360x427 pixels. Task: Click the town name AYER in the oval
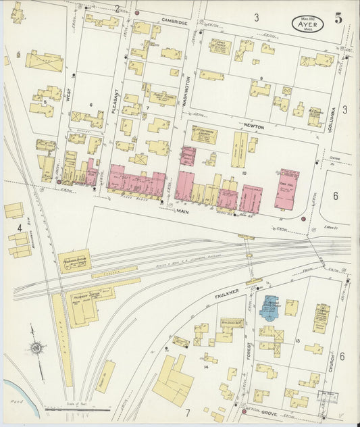point(307,24)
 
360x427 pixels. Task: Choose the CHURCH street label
point(332,365)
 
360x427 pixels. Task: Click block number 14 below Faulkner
point(205,366)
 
